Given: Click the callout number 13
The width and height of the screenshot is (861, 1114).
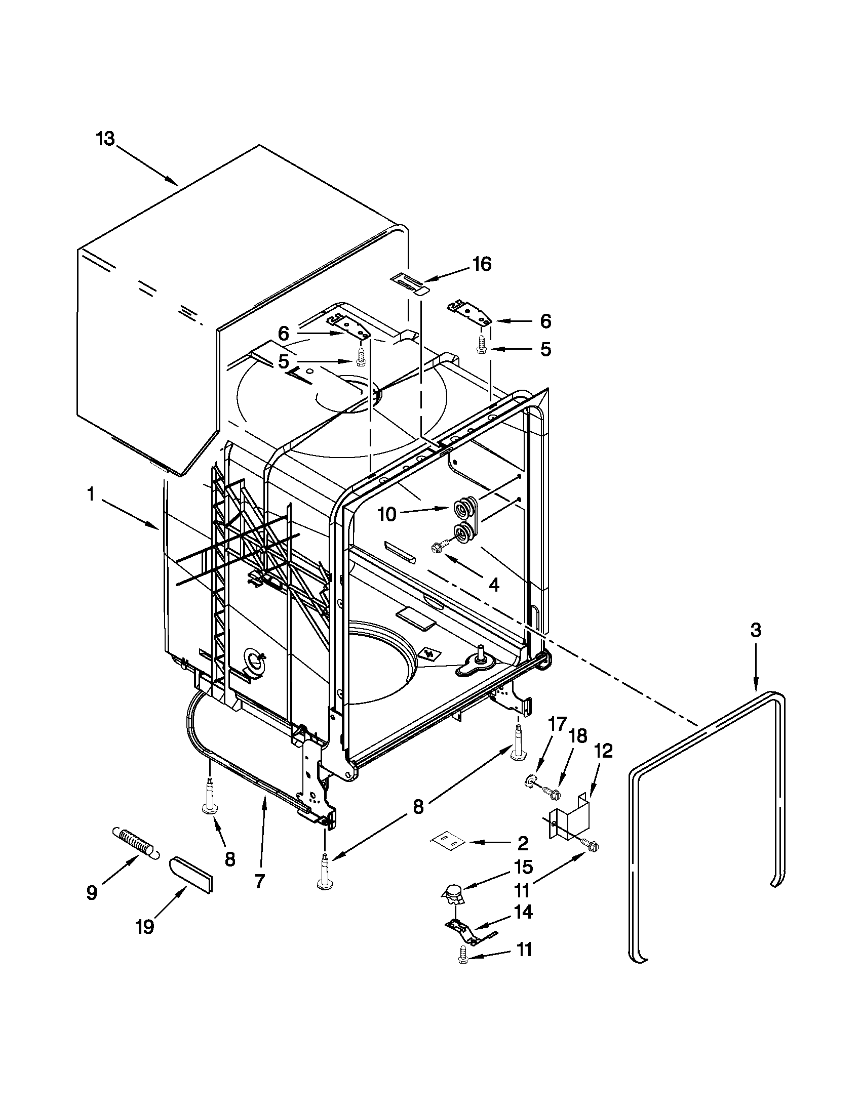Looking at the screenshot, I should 106,139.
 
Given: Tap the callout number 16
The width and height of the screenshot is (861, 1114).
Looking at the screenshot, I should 481,264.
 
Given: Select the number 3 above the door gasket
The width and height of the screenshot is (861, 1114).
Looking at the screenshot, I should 755,631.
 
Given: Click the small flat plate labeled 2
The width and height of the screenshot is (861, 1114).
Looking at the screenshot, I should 447,841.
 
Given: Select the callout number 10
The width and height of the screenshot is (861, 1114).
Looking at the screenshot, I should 387,514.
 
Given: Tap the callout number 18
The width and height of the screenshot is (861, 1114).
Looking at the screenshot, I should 578,735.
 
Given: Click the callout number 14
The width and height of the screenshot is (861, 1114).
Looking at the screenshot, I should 524,912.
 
